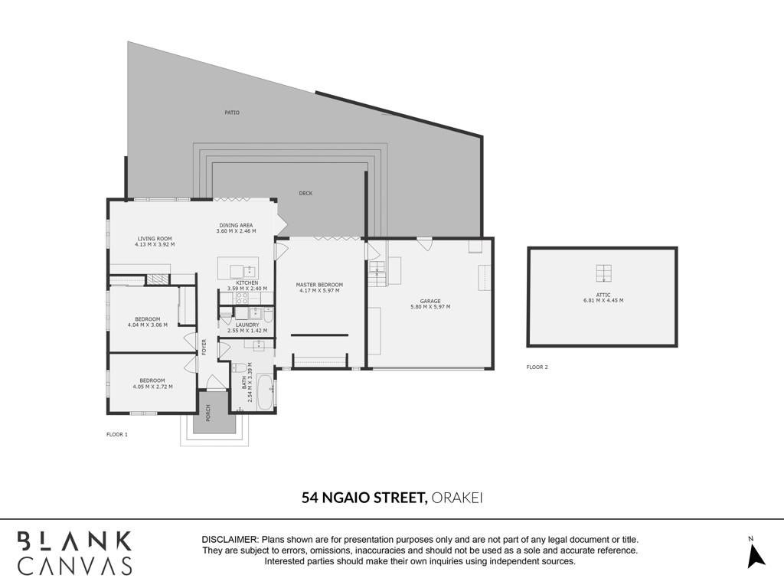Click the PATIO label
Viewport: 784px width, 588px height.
[x=232, y=113]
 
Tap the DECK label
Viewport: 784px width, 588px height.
[x=305, y=193]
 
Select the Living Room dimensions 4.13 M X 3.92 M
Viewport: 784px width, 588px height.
[x=155, y=245]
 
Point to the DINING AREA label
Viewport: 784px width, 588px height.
[x=236, y=226]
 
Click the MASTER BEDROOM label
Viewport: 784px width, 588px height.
[x=319, y=285]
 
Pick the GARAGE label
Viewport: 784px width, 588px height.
[x=430, y=301]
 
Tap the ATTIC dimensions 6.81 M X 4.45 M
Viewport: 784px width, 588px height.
[x=603, y=300]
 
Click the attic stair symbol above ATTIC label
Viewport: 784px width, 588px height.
[x=603, y=273]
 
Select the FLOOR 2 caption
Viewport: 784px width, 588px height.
[x=537, y=367]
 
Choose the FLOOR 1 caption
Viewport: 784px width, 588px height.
[x=117, y=435]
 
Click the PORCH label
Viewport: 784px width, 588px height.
[x=208, y=413]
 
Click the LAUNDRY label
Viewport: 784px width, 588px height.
[x=247, y=325]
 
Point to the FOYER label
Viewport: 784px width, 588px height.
[x=204, y=348]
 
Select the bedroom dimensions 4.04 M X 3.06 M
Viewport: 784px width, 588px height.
[x=148, y=325]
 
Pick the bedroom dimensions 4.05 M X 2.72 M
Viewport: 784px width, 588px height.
[x=152, y=387]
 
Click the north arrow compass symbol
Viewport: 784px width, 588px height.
[x=756, y=556]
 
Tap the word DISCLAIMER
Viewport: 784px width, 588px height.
[x=230, y=540]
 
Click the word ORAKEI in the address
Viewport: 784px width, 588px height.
[x=456, y=498]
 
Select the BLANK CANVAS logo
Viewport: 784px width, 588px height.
[x=74, y=553]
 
